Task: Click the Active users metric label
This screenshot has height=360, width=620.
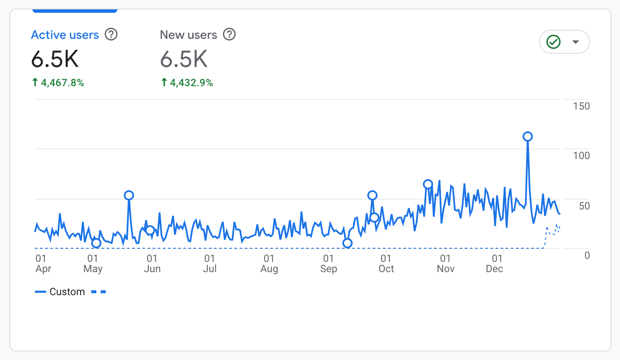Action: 65,35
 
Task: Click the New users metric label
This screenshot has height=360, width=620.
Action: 188,35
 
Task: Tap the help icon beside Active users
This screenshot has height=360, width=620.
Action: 111,35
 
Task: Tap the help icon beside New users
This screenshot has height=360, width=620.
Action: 229,35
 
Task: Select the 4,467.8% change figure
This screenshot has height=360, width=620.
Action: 62,83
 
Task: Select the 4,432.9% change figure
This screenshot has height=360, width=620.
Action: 191,83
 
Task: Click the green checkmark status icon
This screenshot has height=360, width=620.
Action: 553,42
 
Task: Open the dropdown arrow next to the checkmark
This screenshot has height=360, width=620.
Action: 576,42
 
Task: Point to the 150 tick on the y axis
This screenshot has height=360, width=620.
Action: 581,106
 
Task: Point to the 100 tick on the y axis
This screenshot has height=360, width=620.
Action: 581,156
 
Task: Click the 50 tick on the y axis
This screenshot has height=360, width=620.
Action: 584,206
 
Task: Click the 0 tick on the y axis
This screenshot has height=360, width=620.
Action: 587,255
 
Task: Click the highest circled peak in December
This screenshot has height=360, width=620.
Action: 527,136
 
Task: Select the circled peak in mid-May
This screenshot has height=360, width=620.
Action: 129,195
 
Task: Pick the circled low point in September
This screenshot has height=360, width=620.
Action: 348,243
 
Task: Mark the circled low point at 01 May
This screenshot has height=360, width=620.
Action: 96,243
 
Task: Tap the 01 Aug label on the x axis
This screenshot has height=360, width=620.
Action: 269,264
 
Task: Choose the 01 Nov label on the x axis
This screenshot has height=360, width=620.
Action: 445,264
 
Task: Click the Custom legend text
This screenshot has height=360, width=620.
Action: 67,292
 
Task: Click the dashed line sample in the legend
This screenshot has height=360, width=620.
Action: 99,292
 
